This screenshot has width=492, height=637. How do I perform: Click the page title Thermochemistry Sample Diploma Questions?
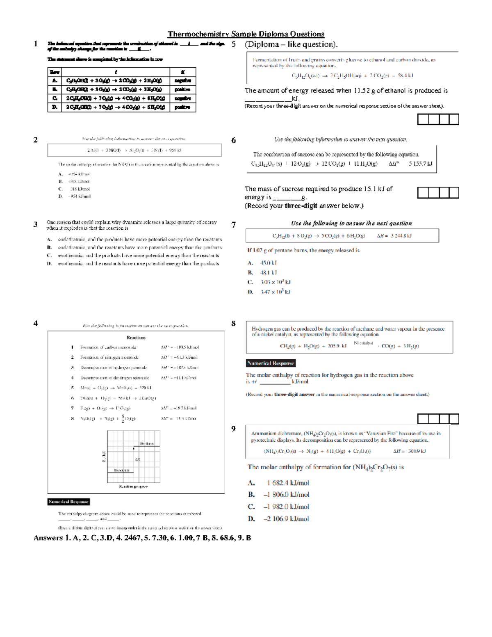pyautogui.click(x=246, y=34)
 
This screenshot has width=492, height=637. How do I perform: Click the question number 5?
pyautogui.click(x=234, y=44)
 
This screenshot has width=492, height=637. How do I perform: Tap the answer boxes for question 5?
pyautogui.click(x=438, y=119)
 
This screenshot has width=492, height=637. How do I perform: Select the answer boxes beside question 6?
pyautogui.click(x=438, y=192)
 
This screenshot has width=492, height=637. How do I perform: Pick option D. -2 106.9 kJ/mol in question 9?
pyautogui.click(x=278, y=519)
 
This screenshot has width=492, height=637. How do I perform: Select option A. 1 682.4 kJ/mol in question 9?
pyautogui.click(x=278, y=483)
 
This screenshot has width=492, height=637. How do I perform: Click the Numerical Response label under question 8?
pyautogui.click(x=271, y=363)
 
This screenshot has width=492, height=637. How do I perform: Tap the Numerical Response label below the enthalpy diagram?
pyautogui.click(x=68, y=502)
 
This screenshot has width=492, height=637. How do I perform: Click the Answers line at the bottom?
pyautogui.click(x=142, y=538)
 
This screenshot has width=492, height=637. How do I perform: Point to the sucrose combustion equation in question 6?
pyautogui.click(x=341, y=164)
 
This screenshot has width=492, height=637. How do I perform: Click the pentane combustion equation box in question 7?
pyautogui.click(x=342, y=236)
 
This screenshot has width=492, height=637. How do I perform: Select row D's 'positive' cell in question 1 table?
pyautogui.click(x=182, y=107)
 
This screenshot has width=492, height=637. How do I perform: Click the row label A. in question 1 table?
pyautogui.click(x=55, y=81)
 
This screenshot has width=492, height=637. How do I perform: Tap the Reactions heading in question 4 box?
pyautogui.click(x=136, y=338)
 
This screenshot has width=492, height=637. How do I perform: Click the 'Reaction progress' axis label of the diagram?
pyautogui.click(x=133, y=486)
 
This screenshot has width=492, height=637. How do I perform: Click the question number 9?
pyautogui.click(x=233, y=429)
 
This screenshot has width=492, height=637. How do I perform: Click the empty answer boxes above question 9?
pyautogui.click(x=438, y=419)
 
